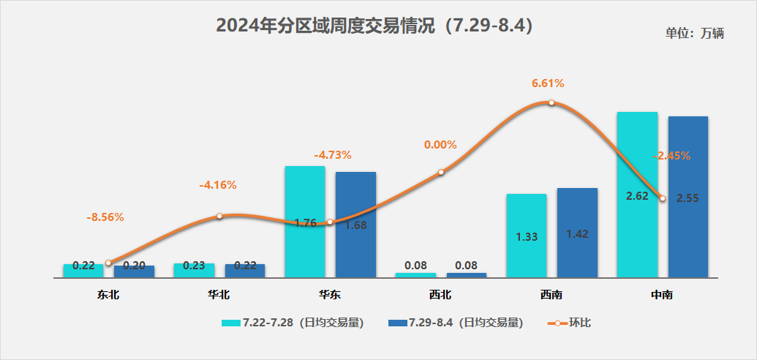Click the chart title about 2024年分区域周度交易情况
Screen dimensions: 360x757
point(374,26)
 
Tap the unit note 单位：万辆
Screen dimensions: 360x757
point(693,34)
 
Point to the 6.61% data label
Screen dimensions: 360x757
point(548,83)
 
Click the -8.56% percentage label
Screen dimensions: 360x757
point(105,217)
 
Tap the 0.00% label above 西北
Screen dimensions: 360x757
point(440,145)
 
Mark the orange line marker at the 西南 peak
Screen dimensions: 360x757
point(551,103)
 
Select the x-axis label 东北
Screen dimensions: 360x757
point(108,296)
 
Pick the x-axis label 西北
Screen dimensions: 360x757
point(440,296)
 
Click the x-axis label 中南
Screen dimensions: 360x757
point(662,296)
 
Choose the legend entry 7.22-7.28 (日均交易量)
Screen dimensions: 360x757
point(293,323)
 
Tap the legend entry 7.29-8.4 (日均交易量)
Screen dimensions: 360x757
point(456,323)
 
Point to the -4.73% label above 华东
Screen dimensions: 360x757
point(333,155)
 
